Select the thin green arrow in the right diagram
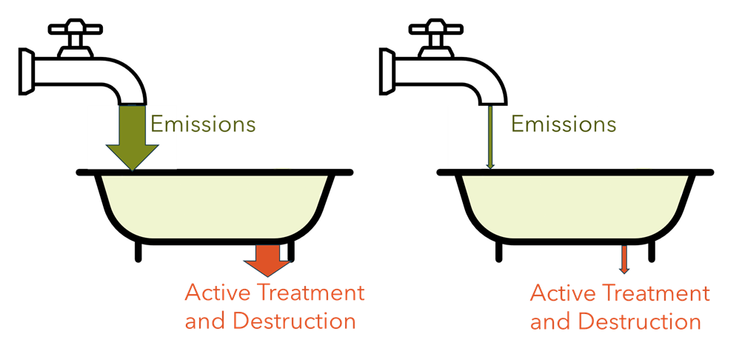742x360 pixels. coord(489,137)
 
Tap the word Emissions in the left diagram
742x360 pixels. coord(203,124)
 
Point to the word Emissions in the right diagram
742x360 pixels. coord(564,124)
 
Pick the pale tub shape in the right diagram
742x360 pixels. coord(575,206)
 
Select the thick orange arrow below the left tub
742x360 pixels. coord(267,260)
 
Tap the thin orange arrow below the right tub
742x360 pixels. coord(624,259)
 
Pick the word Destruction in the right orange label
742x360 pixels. coord(639,322)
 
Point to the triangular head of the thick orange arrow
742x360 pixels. coord(267,267)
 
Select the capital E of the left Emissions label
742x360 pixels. coord(156,124)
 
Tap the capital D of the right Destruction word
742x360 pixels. coord(585,322)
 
